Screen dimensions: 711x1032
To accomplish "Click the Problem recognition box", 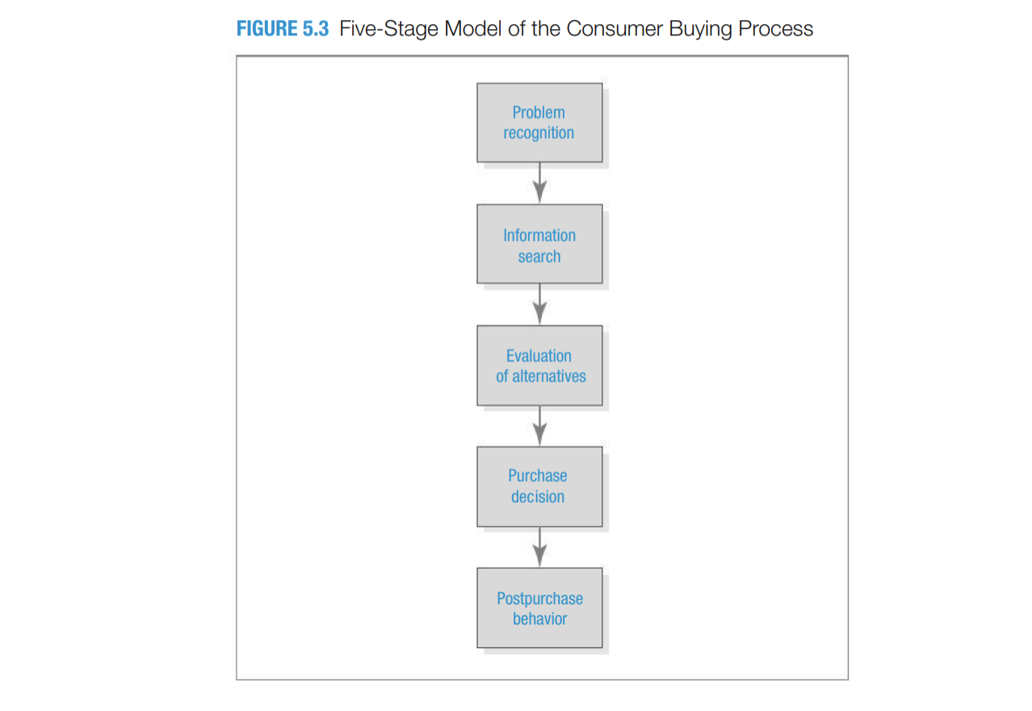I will tap(539, 122).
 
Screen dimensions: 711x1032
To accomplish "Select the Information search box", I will tap(539, 244).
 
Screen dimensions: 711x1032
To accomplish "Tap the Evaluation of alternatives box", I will tap(539, 365).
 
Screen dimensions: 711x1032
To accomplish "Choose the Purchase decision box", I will tap(539, 486).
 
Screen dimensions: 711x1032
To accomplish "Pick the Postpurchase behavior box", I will tap(539, 608).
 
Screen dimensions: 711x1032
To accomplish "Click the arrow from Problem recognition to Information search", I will tap(539, 183).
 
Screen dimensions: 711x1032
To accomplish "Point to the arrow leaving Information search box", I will tap(539, 305).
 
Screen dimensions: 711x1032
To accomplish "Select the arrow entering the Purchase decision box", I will tap(539, 426).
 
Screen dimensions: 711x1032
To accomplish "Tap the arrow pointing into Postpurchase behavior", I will tap(539, 547).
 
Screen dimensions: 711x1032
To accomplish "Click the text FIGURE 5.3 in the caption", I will tap(283, 29).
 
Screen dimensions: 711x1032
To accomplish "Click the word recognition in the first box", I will tap(539, 133).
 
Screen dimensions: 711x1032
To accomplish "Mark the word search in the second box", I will tap(539, 256).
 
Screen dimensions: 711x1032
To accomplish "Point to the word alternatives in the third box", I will tap(549, 377).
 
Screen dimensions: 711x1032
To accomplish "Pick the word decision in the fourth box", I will tap(538, 497).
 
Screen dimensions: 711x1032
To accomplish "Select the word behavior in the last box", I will tap(539, 619).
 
